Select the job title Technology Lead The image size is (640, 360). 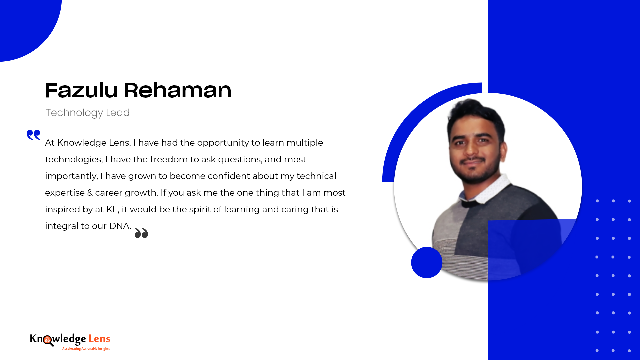click(88, 113)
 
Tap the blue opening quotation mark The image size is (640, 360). click(33, 135)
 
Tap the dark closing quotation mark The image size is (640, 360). click(141, 233)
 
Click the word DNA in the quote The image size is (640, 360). click(119, 226)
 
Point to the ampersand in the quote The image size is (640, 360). click(90, 193)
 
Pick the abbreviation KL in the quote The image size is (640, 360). click(112, 209)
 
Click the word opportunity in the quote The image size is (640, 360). click(223, 143)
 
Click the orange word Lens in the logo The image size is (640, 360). click(99, 339)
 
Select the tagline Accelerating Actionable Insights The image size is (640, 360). click(86, 349)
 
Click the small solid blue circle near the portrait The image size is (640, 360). click(427, 262)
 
